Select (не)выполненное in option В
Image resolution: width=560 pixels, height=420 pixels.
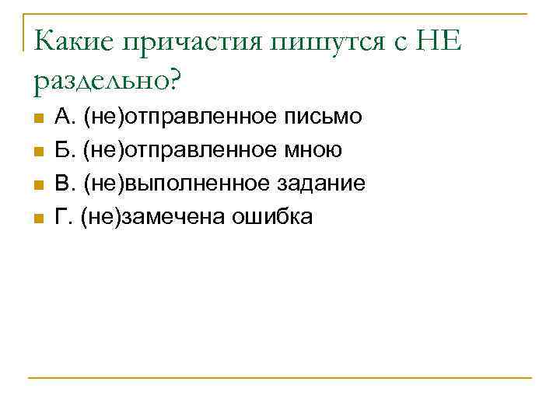coord(177,184)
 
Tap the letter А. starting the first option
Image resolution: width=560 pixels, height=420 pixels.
coord(65,117)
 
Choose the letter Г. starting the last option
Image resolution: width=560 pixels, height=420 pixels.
coord(63,218)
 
